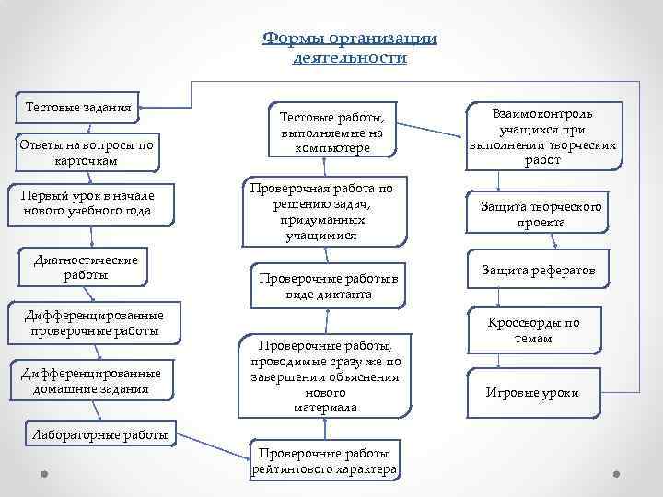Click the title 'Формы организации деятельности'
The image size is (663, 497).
350,47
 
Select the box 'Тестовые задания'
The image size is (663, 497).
78,108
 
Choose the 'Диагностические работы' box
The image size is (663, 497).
86,267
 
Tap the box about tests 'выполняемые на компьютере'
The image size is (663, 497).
328,132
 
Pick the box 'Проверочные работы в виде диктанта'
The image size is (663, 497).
328,285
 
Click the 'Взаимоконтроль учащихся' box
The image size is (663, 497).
543,136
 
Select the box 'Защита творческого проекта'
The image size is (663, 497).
541,214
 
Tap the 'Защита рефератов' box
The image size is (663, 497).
539,271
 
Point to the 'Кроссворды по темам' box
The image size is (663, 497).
534,330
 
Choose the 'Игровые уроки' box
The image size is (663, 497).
533,392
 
